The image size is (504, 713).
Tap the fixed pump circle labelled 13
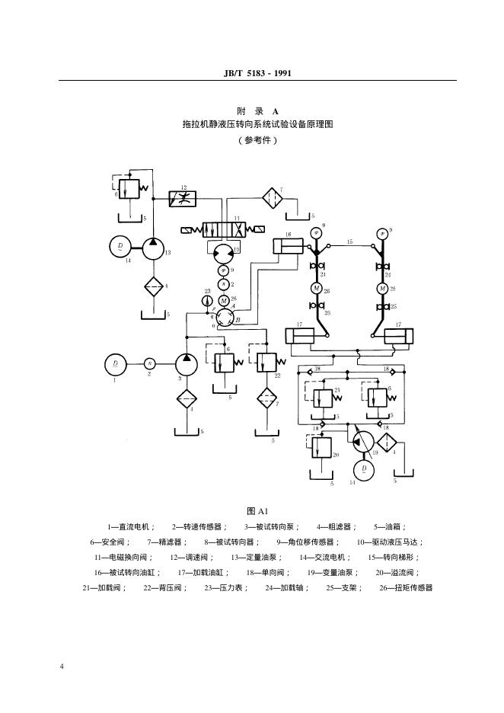pyautogui.click(x=153, y=247)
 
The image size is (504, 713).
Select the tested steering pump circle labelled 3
pyautogui.click(x=187, y=363)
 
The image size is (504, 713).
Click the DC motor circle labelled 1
pyautogui.click(x=116, y=363)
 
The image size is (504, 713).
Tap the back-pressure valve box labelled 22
pyautogui.click(x=268, y=360)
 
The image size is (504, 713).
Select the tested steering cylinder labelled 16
pyautogui.click(x=288, y=246)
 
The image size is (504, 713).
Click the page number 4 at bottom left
pyautogui.click(x=62, y=667)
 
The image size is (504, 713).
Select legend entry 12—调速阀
pyautogui.click(x=188, y=557)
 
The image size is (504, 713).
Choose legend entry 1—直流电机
pyautogui.click(x=131, y=526)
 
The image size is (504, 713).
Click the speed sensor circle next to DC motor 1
pyautogui.click(x=150, y=363)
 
